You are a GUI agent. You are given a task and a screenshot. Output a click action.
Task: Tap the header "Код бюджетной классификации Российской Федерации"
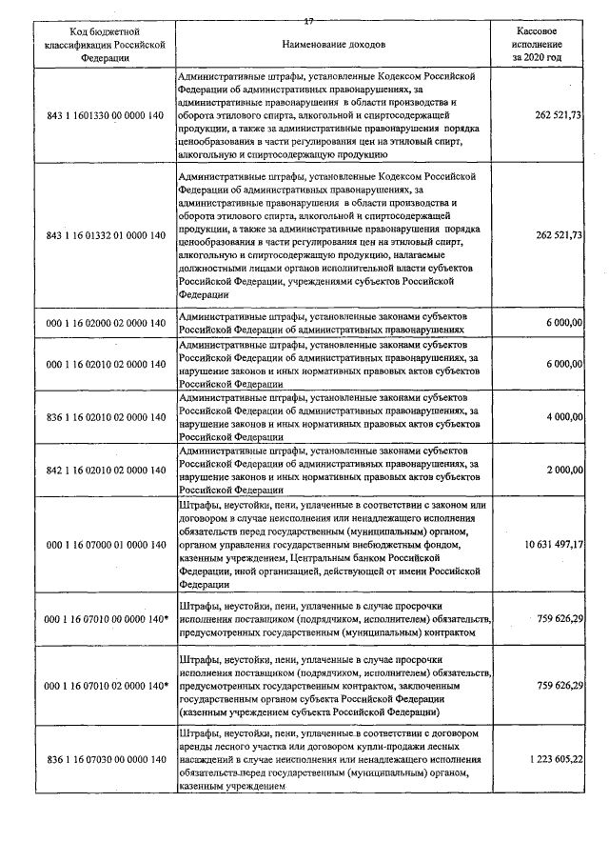tap(106, 45)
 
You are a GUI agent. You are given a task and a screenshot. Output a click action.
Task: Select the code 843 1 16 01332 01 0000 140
tap(106, 235)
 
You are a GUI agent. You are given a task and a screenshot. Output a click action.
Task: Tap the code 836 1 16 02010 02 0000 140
tap(106, 416)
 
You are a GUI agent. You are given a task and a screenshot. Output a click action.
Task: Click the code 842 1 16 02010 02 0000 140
tap(106, 470)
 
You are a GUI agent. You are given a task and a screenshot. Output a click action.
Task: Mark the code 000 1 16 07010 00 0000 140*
tap(106, 618)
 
